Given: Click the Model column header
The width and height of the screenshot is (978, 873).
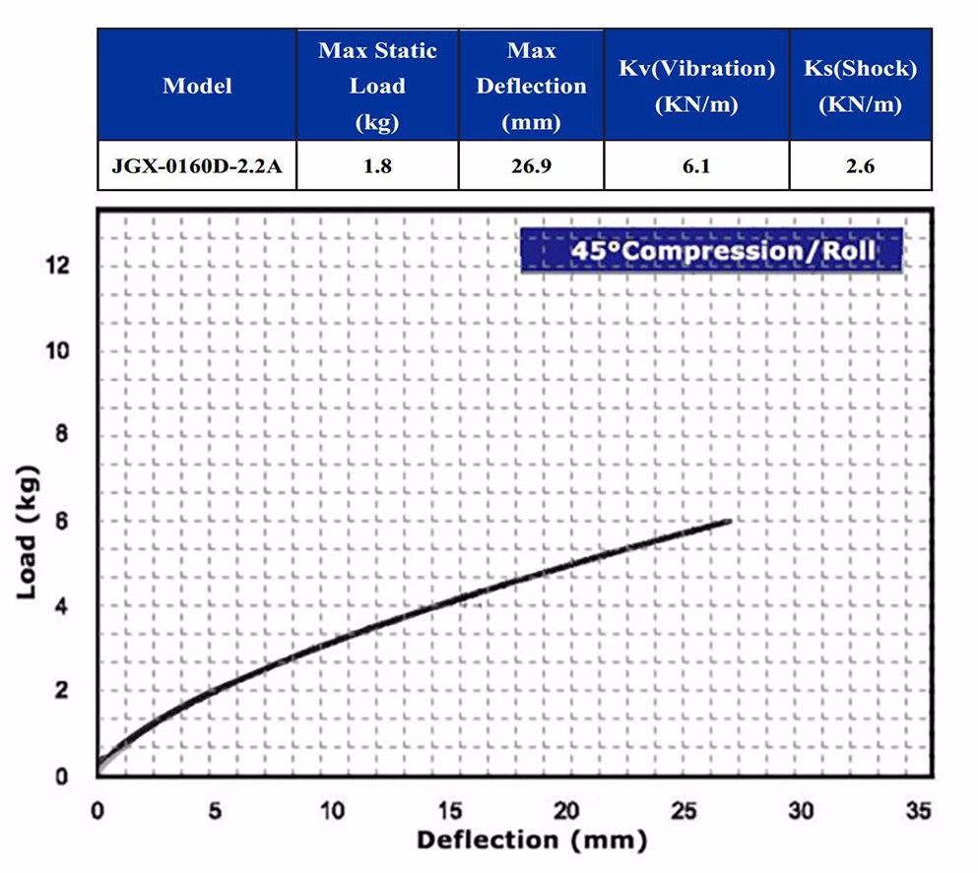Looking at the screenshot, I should tap(197, 86).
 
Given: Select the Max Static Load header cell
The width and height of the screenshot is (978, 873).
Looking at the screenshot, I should tap(377, 86).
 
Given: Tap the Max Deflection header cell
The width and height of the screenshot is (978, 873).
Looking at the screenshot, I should tap(531, 86).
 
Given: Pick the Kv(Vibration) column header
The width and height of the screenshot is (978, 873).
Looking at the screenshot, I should tap(696, 86).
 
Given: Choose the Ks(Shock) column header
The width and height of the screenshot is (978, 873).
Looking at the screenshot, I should tap(860, 86).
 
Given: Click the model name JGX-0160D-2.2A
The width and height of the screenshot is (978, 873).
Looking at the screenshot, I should tap(197, 166).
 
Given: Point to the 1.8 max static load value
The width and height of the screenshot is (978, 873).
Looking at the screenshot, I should tap(377, 166).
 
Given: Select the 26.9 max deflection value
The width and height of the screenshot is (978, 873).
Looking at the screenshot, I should tap(531, 166).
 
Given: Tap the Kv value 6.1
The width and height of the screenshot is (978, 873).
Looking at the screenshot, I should tap(696, 166).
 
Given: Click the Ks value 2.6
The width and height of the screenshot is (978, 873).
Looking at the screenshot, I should tap(860, 166).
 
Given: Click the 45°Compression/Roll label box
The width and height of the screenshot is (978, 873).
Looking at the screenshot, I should tap(710, 250).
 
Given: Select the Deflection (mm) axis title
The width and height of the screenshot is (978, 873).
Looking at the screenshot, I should tap(532, 840).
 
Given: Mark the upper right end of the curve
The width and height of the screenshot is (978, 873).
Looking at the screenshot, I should tap(730, 520).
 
